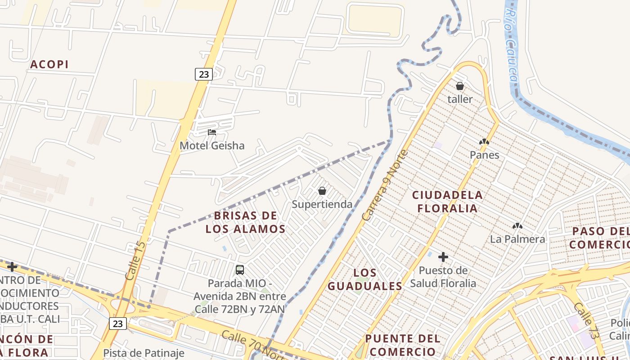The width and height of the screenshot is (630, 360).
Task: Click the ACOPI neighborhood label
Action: click(49, 64)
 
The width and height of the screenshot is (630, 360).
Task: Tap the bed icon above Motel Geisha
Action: click(212, 132)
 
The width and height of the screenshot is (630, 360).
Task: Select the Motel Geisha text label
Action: click(212, 145)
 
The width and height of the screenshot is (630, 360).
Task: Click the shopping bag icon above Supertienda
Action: click(322, 191)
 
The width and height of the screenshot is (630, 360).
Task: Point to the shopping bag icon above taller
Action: click(460, 86)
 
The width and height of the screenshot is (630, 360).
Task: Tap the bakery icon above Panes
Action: click(484, 142)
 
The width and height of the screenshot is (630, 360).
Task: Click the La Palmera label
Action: click(517, 239)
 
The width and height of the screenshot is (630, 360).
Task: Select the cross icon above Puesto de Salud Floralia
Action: click(443, 257)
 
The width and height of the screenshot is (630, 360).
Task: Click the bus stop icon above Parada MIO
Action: click(240, 270)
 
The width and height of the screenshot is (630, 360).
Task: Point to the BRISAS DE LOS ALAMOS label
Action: click(246, 222)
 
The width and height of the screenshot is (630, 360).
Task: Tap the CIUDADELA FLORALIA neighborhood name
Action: click(447, 202)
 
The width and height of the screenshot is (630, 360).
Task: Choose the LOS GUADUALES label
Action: click(365, 279)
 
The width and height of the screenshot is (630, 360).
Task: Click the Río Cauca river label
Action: click(511, 47)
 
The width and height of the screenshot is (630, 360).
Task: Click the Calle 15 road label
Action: click(135, 261)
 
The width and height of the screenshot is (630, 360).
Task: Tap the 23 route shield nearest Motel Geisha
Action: click(204, 74)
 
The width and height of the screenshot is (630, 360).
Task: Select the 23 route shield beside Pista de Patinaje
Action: click(118, 323)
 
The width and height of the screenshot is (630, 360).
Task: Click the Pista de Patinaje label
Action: click(144, 353)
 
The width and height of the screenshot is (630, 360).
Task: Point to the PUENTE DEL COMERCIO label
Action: click(403, 345)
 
